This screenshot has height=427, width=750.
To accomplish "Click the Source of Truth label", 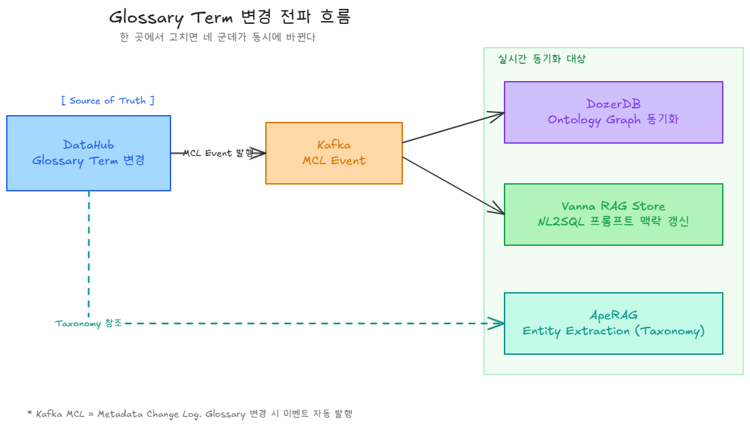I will coord(108,101).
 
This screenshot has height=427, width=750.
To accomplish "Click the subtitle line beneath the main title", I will coord(217,37).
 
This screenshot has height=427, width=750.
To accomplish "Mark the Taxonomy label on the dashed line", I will coord(88,323).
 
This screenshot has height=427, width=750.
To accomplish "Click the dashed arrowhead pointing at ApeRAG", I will coord(498,323).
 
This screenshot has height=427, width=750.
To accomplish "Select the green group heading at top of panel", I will coord(541,59).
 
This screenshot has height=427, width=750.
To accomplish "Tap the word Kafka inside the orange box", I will coord(334,144).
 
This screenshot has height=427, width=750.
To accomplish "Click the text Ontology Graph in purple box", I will coord(593,120).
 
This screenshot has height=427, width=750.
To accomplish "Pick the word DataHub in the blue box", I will coord(89,144).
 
